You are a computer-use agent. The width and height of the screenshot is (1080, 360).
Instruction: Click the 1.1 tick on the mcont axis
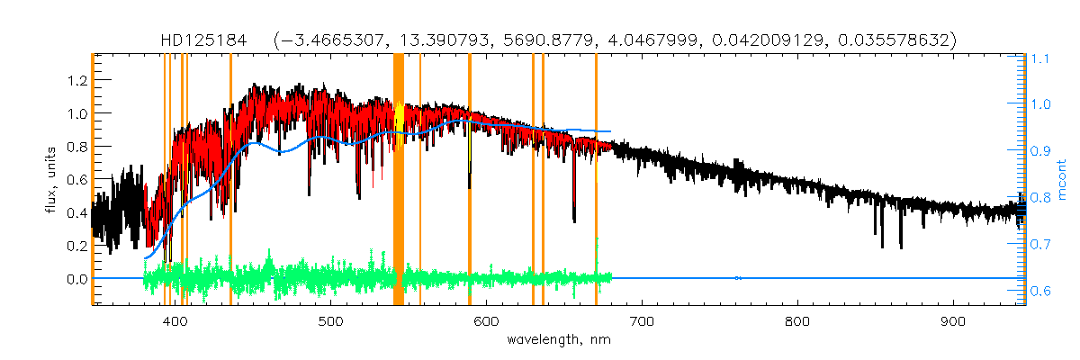(1041, 58)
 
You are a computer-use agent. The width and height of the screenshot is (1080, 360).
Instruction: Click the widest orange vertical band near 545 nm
(399, 180)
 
